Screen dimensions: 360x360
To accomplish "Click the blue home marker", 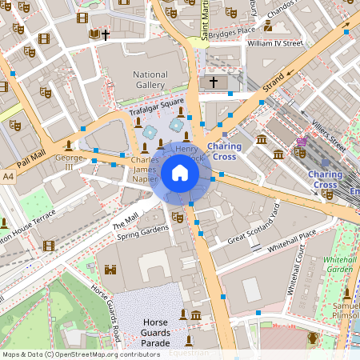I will coord(180,173).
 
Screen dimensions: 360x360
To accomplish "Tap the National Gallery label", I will coord(150,80).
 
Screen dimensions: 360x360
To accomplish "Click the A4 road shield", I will coord(8,175).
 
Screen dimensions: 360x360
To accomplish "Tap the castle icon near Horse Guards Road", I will coord(110,269).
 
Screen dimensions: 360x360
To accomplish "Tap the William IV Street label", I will coord(276,43).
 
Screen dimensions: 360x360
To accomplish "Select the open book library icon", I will coord(94,34).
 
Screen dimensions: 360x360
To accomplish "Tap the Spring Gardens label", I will coord(143,233).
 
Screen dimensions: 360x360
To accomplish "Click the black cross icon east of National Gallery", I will coord(213,82).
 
